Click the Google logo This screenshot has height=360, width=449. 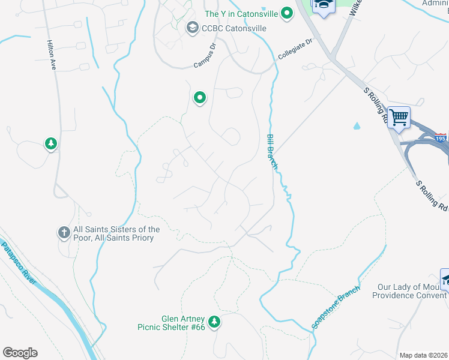pos(20,353)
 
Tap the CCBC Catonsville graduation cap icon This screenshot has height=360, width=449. pos(192,27)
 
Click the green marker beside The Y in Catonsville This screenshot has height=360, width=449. pos(287,13)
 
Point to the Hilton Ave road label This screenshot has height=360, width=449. pos(52,56)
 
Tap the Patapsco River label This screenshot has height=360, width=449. pos(22,265)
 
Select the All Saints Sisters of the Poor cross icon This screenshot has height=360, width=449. pos(64,232)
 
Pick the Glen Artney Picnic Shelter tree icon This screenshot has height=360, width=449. pos(214,322)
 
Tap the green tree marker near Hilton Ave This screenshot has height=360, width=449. pos(52,143)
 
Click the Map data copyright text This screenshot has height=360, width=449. pos(423,355)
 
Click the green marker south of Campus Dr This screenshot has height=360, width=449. pos(200,97)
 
